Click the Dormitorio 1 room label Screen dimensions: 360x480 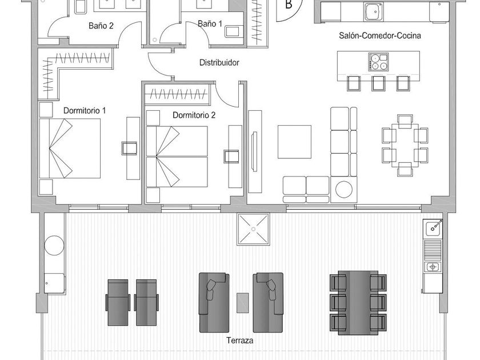(x=85, y=110)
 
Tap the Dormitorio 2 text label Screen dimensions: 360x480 (x=194, y=115)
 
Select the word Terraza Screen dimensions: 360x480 (x=239, y=341)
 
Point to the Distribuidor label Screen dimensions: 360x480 (x=219, y=63)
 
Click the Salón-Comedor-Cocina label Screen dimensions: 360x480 (x=387, y=35)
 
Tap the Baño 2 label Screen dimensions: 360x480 (x=101, y=26)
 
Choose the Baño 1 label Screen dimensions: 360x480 (x=210, y=24)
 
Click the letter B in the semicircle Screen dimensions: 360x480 (x=288, y=6)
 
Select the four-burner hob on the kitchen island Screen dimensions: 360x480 (x=377, y=61)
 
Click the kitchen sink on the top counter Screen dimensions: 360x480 (x=374, y=10)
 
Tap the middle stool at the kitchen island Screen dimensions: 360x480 (x=378, y=83)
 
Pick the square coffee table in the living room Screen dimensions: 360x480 (x=295, y=141)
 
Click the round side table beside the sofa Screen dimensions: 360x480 (x=345, y=189)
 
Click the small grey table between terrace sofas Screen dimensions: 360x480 (x=243, y=301)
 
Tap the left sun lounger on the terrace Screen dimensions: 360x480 (x=117, y=302)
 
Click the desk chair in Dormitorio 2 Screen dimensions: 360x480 (x=231, y=157)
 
